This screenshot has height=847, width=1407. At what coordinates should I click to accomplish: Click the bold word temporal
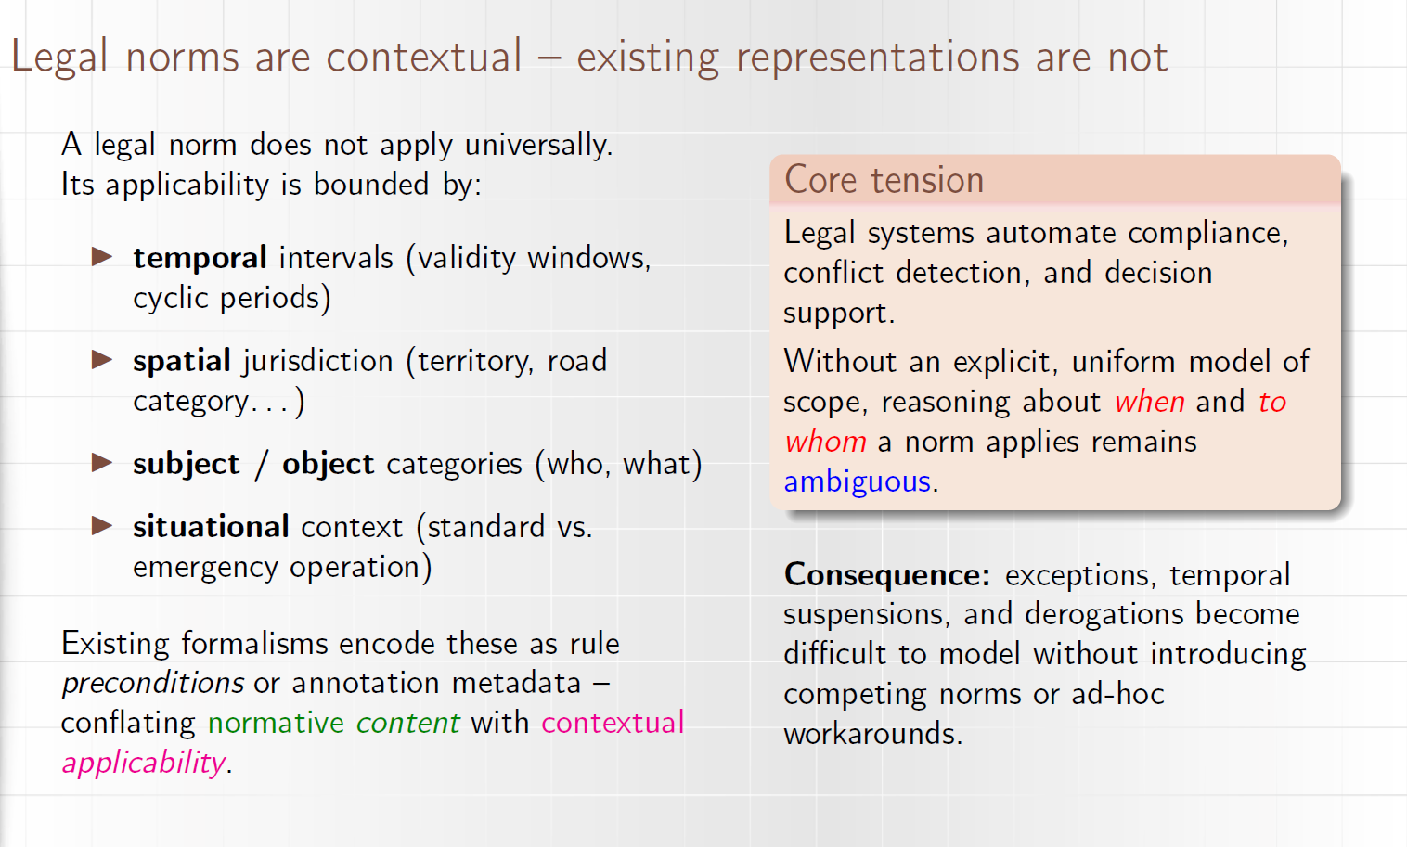click(x=200, y=258)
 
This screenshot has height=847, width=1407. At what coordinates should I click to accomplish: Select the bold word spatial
click(x=182, y=361)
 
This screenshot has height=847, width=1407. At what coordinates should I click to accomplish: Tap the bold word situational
click(x=211, y=526)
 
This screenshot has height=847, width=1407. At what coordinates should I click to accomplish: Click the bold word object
click(x=328, y=464)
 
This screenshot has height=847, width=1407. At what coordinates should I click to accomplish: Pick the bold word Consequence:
click(x=887, y=574)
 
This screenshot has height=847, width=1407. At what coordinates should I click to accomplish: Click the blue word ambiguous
click(x=857, y=481)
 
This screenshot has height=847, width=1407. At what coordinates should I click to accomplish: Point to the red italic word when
click(x=1150, y=402)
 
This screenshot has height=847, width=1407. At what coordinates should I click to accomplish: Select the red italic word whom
click(x=825, y=442)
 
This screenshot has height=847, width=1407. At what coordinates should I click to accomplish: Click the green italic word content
click(x=408, y=723)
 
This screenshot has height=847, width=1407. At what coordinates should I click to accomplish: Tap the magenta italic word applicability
click(x=144, y=763)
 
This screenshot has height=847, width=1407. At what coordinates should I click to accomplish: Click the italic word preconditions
click(x=152, y=683)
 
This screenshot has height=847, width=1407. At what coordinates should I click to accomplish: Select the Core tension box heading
click(x=884, y=180)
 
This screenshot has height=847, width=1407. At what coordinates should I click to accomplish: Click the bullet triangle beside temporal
click(x=102, y=257)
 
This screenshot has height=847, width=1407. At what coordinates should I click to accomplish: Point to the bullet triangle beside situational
click(x=102, y=525)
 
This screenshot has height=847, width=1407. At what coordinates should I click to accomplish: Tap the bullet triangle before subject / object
click(x=102, y=463)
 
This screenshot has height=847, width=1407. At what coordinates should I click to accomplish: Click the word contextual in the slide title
click(x=424, y=57)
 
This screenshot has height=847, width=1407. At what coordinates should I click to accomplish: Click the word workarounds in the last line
click(x=873, y=733)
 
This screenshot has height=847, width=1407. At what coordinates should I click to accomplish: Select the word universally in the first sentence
click(x=538, y=145)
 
